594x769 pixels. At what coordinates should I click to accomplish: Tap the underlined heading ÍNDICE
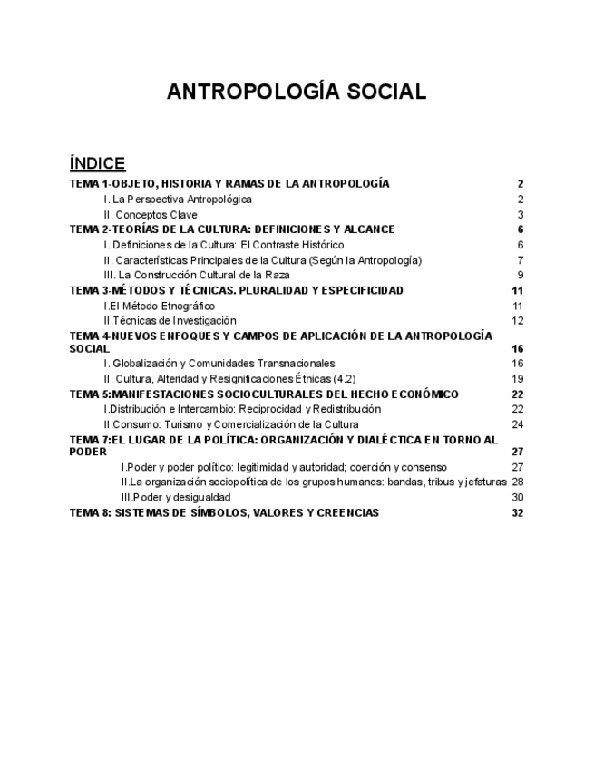97,163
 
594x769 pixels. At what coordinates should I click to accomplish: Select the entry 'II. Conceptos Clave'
150,215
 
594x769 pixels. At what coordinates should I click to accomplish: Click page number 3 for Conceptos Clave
521,215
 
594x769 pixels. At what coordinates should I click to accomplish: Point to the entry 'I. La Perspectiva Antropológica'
177,199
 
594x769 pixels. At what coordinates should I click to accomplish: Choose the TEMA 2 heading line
231,229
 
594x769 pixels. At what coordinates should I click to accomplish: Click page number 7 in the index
521,260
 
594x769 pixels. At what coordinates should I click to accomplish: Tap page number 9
521,275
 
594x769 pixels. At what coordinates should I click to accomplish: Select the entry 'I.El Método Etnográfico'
159,306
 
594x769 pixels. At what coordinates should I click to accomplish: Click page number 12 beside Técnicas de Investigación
518,320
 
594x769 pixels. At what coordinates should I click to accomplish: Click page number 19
518,378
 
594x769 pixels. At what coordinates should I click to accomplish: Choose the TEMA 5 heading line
264,394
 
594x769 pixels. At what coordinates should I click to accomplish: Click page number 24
518,423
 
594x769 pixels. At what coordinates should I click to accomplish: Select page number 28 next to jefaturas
518,482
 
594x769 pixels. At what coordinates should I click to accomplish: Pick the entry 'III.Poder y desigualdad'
175,497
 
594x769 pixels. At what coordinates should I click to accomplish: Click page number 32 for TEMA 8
518,512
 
